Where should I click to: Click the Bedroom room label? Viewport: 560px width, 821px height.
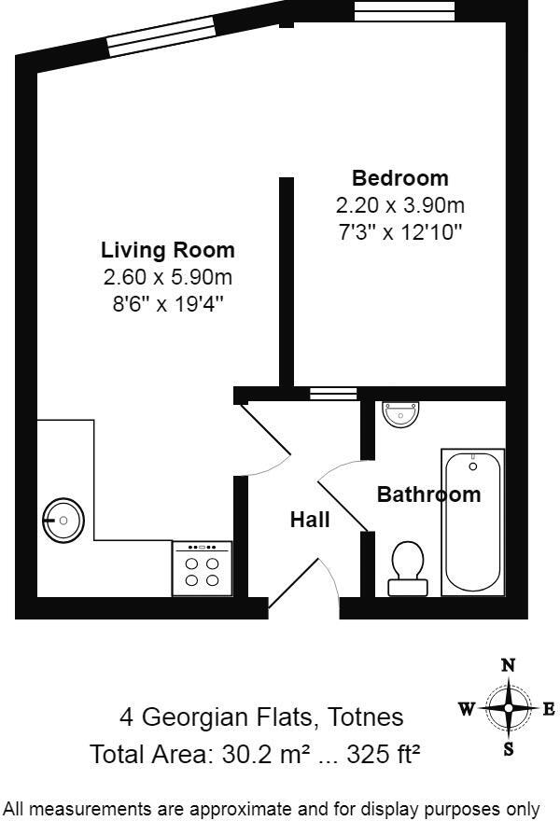coord(399,177)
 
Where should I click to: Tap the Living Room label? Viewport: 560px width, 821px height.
coord(168,250)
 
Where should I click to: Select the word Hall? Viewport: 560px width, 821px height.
coord(310,520)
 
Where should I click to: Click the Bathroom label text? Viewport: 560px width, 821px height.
coord(428,494)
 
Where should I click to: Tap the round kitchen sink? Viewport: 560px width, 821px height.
coord(64,519)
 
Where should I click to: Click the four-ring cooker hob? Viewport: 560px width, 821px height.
coord(202,569)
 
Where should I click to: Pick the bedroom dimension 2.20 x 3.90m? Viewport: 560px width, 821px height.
coord(399,205)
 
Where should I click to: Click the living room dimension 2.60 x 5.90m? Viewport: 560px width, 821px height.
coord(168,277)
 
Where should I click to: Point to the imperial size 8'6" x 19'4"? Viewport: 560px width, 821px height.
coord(168,303)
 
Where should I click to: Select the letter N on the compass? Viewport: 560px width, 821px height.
coord(509,665)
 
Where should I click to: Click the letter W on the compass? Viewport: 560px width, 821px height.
coord(466,709)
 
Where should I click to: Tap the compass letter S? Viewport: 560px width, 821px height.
coord(509,749)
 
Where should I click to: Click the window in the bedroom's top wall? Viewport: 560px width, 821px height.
coord(405,11)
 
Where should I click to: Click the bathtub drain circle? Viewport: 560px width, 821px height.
coord(472,466)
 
